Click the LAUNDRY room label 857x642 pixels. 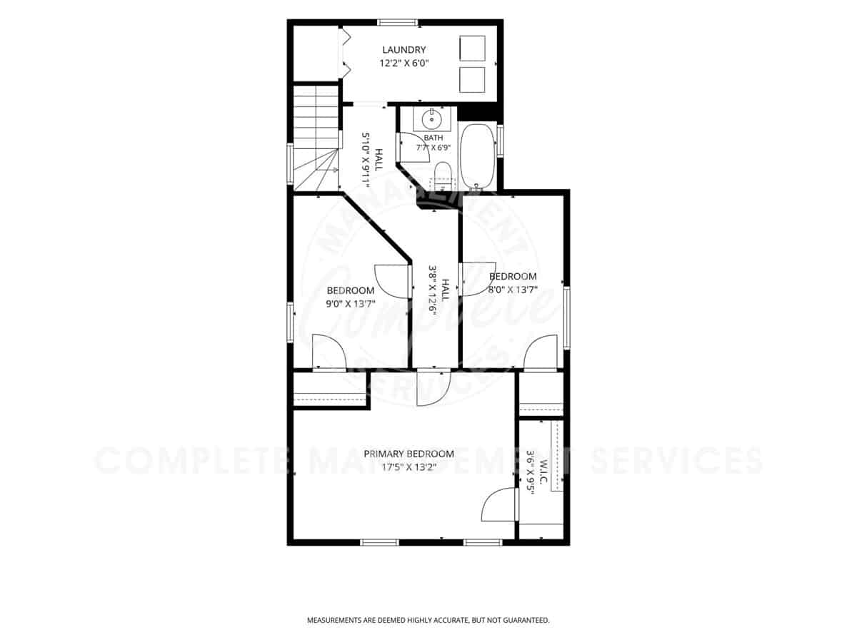click(404, 50)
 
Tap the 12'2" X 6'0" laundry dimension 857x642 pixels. click(404, 63)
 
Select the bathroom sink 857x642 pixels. click(432, 119)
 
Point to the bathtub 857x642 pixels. click(478, 157)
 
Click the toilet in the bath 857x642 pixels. click(442, 175)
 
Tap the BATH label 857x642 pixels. click(433, 138)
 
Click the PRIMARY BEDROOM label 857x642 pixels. click(409, 454)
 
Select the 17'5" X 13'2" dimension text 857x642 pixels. click(409, 467)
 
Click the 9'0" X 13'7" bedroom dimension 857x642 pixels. click(351, 304)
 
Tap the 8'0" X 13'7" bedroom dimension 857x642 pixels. click(513, 290)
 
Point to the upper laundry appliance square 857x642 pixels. click(472, 49)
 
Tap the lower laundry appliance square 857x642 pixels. click(472, 80)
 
